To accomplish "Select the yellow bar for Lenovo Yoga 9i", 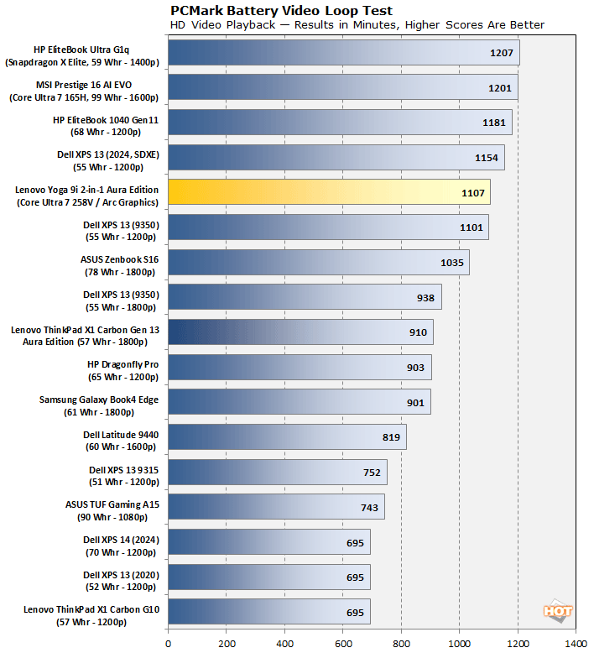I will coord(329,191).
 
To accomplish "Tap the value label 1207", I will coord(502,53).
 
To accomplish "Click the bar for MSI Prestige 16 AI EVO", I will coord(342,87).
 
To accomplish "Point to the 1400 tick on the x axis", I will coord(576,643).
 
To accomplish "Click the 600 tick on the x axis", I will coord(343,643).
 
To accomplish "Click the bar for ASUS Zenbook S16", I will coord(318,262).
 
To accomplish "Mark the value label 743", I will coord(369,507).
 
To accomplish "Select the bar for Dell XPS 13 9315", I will coord(278,472).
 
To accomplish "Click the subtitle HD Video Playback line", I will coord(357,25).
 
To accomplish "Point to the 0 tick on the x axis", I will coord(169,643).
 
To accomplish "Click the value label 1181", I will coord(494,123).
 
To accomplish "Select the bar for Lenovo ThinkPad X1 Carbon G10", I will coord(269,611).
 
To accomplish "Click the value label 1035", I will coord(452,263).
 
